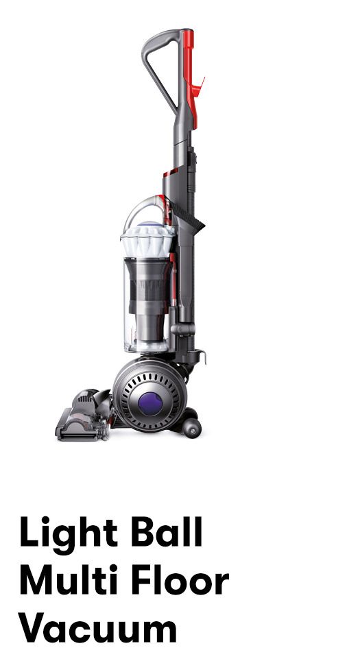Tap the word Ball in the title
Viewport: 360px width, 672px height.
click(166, 531)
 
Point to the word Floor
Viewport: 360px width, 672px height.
click(180, 579)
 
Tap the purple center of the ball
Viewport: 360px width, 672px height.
click(150, 403)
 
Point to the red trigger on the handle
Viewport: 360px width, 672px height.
click(197, 88)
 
